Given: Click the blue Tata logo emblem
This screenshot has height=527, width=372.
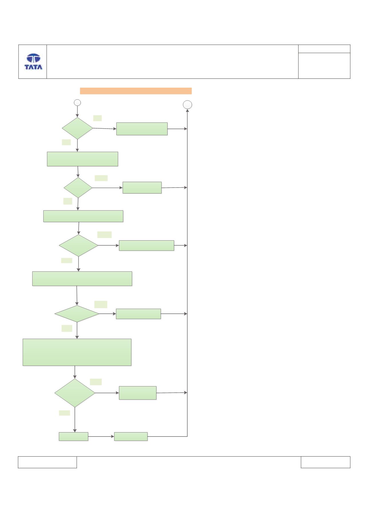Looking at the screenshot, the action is (x=33, y=58).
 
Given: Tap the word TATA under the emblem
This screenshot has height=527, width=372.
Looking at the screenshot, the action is (x=33, y=67).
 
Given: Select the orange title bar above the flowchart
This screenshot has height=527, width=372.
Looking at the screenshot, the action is (x=136, y=91).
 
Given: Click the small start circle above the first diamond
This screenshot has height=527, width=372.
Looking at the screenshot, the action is (x=77, y=103).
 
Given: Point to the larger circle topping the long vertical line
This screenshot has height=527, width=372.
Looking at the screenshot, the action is (x=187, y=105).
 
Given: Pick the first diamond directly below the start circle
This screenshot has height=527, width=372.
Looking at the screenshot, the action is (x=77, y=128).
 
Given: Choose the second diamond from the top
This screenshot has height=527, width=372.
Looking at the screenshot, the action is (x=78, y=188).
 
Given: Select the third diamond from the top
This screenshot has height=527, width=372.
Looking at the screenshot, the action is (x=79, y=245).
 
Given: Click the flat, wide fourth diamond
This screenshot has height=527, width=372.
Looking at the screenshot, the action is (x=77, y=314).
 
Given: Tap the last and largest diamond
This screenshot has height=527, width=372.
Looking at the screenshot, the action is (x=75, y=393).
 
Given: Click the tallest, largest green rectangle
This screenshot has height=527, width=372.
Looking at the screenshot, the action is (x=77, y=352).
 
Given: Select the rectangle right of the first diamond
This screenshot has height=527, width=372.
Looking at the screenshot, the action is (x=142, y=129).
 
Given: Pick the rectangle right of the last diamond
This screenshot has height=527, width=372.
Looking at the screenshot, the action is (x=138, y=393).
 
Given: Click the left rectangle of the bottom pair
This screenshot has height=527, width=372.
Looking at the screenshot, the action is (x=73, y=436).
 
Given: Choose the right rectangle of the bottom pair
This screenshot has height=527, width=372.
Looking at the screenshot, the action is (x=131, y=436).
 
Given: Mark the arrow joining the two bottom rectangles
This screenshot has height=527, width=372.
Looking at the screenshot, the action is (x=101, y=436).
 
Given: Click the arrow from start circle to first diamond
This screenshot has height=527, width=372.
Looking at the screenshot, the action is (x=77, y=112).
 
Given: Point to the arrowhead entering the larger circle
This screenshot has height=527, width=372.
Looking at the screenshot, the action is (x=187, y=111).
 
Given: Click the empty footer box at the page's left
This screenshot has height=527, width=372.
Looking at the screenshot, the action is (x=47, y=462).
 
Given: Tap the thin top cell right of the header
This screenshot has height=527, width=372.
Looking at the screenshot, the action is (x=324, y=49).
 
